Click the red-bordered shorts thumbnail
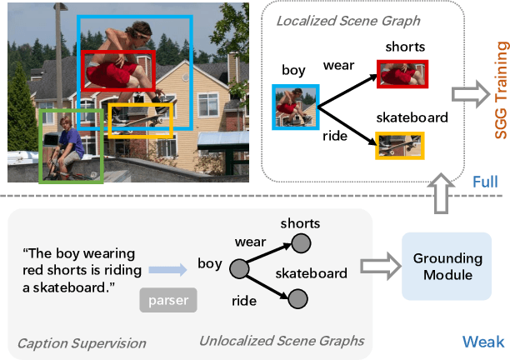(x=403, y=73)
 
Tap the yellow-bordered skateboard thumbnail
(x=400, y=145)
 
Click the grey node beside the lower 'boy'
(x=239, y=269)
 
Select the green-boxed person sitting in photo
(x=70, y=146)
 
